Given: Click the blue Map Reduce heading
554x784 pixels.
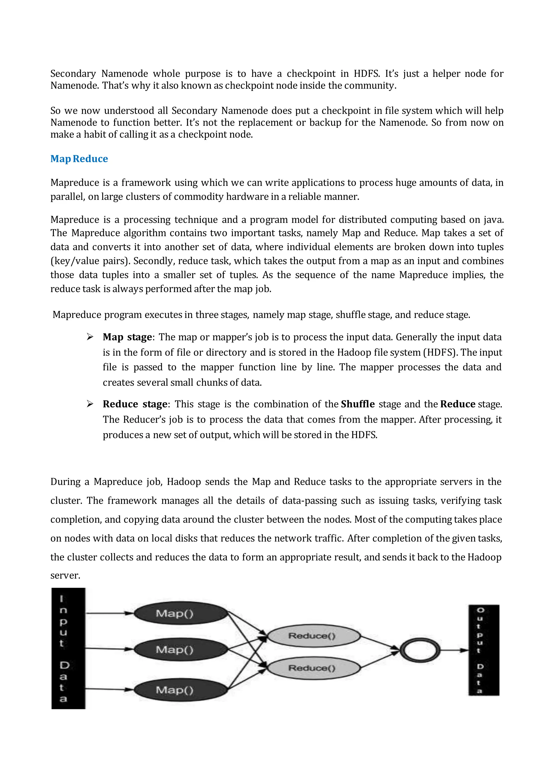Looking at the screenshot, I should point(79,159).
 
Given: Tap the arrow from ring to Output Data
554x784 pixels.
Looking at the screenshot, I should point(454,650).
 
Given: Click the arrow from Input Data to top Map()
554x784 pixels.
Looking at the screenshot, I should point(109,613).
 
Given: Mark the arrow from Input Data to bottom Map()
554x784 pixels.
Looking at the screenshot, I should point(109,690).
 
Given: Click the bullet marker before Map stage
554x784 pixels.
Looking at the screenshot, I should point(90,337).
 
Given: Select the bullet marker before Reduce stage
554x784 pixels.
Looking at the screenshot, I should point(90,404).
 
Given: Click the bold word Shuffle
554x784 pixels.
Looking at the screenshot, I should point(358,404).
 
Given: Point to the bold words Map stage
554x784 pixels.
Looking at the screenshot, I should point(127,337).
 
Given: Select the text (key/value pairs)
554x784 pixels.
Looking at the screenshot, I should point(90,261).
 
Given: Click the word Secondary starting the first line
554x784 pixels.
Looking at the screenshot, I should point(73,74).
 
